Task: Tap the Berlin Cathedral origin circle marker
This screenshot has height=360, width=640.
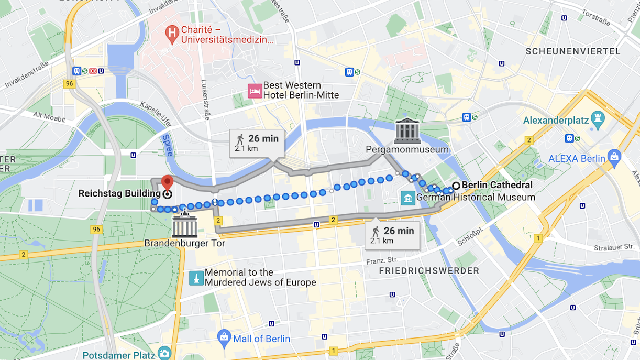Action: pos(456,186)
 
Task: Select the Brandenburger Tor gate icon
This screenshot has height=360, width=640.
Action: pos(185,226)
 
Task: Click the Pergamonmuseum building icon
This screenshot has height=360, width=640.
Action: pos(407,131)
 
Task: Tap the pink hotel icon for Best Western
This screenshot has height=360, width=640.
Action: pos(255,91)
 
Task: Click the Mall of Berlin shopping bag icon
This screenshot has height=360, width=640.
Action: pos(224,338)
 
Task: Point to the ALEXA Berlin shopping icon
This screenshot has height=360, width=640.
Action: pos(614,156)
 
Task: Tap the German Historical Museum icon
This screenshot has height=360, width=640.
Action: pos(407,198)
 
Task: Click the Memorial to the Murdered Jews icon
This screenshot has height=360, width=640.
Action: pos(196,278)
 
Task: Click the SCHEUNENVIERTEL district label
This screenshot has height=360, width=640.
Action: pos(573,51)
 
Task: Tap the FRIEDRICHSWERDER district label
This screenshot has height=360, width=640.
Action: pos(429,271)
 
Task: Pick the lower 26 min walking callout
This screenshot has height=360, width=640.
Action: pos(392,235)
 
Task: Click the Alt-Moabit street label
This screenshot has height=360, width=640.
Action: pos(49,117)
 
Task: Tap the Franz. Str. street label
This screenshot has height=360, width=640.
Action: pos(382,260)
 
